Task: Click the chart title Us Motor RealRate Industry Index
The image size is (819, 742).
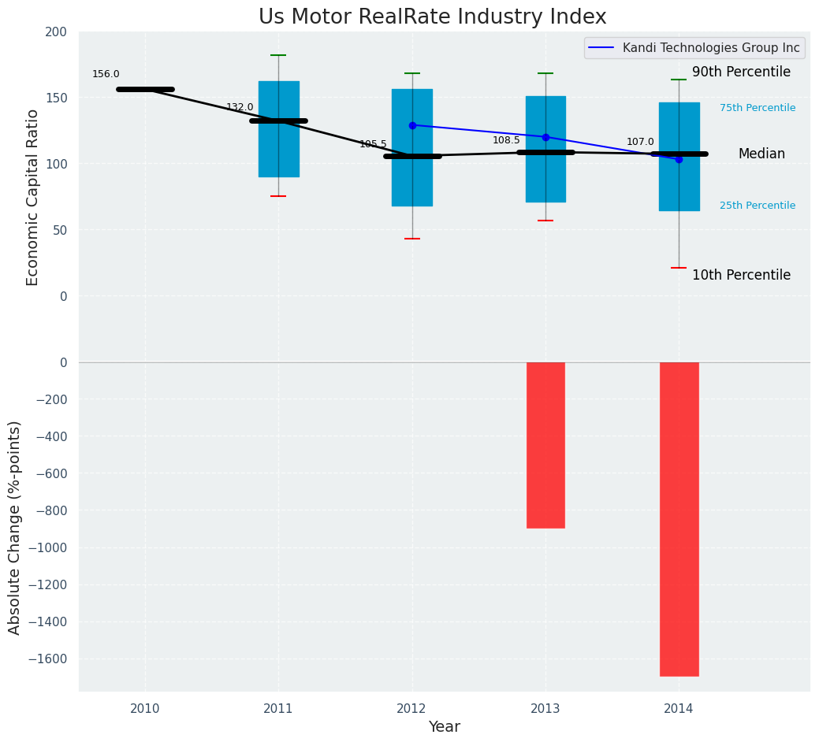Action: [x=432, y=17]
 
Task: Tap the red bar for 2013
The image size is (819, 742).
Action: [x=545, y=445]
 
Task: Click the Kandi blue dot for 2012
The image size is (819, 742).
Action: [x=412, y=125]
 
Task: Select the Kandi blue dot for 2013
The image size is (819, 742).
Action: [x=545, y=137]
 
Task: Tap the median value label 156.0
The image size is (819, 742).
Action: [x=106, y=74]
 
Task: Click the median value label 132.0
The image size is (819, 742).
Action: [x=240, y=107]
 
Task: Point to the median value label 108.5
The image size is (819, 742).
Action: [x=506, y=140]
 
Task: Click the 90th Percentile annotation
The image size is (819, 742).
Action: [x=741, y=72]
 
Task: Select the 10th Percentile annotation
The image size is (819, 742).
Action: [x=741, y=275]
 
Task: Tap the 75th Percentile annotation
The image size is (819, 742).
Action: [x=758, y=108]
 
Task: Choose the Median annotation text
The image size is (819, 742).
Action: [x=761, y=154]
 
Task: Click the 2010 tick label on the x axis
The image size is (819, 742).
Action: [x=145, y=708]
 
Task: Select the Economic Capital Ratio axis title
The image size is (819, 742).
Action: [x=33, y=197]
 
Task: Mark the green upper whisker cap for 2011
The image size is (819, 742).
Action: [x=278, y=55]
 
